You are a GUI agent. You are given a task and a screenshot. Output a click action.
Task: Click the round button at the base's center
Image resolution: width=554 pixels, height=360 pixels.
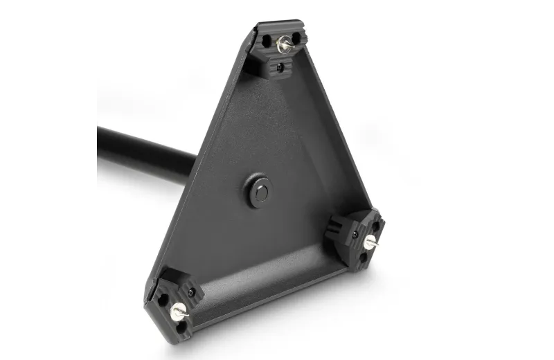[260, 191]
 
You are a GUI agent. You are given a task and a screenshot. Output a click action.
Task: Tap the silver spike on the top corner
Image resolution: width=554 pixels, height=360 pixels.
[282, 45]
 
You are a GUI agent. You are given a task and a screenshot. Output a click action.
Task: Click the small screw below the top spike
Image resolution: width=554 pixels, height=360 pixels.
[279, 68]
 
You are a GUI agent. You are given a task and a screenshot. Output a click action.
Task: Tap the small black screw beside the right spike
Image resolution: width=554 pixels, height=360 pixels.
[355, 235]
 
